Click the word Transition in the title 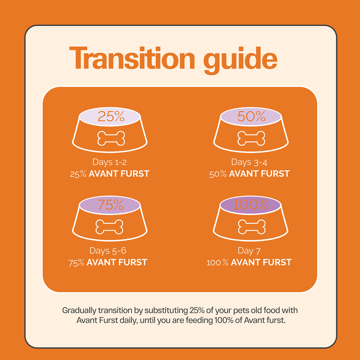132,58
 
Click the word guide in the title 240,60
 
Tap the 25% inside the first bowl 111,116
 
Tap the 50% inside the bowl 251,116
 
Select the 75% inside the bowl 111,205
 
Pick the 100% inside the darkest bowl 251,204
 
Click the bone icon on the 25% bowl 111,139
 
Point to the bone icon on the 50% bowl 251,139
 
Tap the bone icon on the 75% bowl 109,227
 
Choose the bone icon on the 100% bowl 252,227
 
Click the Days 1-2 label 109,162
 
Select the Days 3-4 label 249,162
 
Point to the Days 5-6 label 108,251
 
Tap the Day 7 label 249,251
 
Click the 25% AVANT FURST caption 110,174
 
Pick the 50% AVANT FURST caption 249,174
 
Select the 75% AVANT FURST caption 108,262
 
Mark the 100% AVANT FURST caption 249,262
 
